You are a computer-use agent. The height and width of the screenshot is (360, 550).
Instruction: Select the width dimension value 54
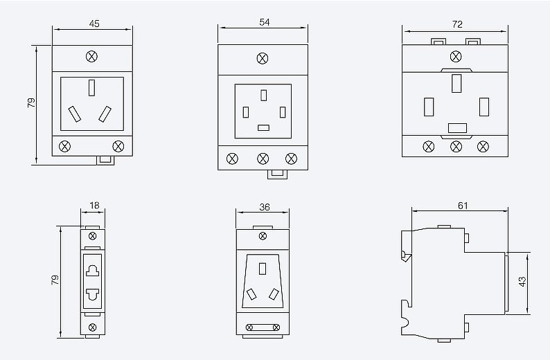click(x=264, y=21)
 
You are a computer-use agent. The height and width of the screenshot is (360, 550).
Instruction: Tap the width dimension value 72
click(x=456, y=24)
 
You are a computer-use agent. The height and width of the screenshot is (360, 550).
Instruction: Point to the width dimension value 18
click(x=94, y=206)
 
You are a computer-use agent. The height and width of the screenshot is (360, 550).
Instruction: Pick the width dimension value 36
click(x=264, y=206)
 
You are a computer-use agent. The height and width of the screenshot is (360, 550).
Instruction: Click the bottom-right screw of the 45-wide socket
click(x=118, y=145)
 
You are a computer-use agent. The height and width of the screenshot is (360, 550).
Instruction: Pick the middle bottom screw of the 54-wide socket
click(x=263, y=159)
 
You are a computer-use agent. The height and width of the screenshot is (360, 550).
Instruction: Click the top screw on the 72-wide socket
click(x=456, y=56)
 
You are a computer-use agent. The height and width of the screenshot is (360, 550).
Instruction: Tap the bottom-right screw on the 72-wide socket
click(x=483, y=145)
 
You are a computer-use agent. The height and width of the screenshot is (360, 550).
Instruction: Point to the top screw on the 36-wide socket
click(x=262, y=236)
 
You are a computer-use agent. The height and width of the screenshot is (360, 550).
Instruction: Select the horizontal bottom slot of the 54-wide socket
click(x=263, y=127)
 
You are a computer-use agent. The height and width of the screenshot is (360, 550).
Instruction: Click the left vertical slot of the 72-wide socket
click(x=429, y=107)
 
